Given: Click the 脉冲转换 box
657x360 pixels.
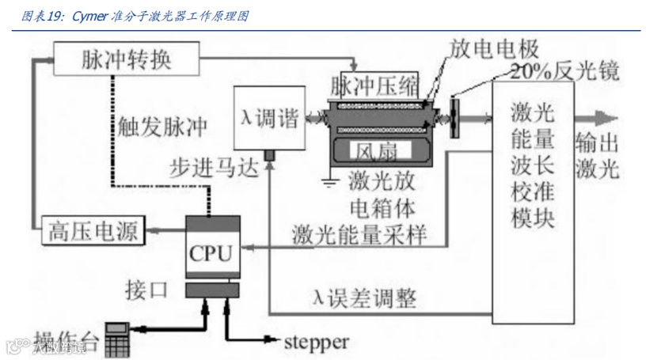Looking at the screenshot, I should [x=126, y=58].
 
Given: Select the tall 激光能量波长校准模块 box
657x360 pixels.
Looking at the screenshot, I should [x=531, y=201].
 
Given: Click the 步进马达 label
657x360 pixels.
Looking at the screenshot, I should [x=213, y=169].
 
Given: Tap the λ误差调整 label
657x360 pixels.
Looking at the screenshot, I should [x=363, y=297].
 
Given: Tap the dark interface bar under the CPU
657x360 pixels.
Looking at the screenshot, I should [x=211, y=290].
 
